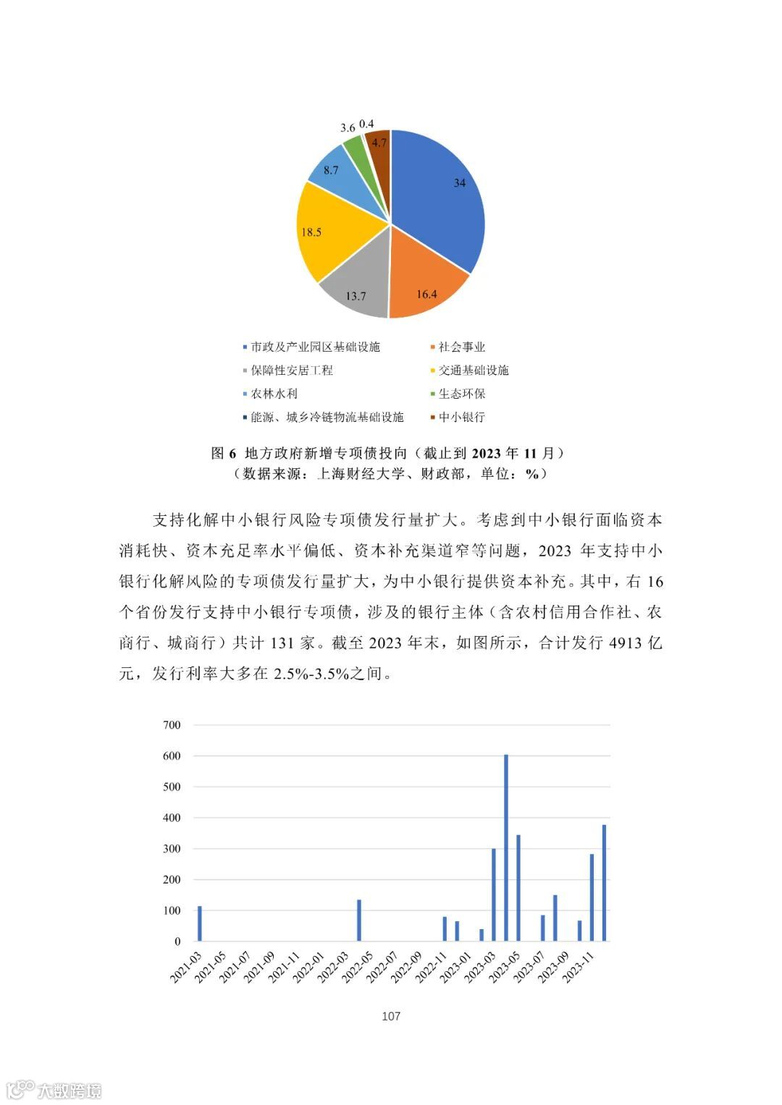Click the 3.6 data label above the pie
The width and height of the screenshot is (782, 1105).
coord(348,128)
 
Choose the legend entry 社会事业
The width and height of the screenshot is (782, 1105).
coord(461,347)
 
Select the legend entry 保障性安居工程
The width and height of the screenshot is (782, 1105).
coord(292,371)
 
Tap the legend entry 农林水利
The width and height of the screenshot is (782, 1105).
coord(274,394)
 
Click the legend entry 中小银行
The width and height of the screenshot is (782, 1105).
coord(461,418)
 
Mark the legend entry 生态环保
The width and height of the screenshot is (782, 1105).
coord(461,394)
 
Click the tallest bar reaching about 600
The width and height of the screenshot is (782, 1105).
coord(506,847)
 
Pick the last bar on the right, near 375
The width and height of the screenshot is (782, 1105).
coord(604,883)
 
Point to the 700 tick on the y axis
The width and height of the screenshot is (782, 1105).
coord(172,725)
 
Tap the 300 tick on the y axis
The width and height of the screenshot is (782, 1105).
coord(172,849)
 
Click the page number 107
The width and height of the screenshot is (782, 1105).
coord(391,1016)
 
